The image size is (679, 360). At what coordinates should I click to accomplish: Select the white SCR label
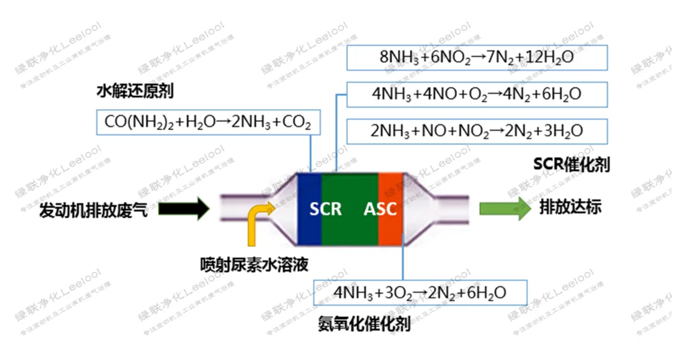(325, 209)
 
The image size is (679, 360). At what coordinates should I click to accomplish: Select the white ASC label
(380, 209)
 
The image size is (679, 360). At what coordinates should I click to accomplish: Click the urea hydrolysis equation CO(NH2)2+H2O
(208, 122)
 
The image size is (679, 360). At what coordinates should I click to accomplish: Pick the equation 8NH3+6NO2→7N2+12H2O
(477, 58)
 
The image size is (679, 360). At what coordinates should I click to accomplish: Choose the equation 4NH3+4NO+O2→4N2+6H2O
(477, 94)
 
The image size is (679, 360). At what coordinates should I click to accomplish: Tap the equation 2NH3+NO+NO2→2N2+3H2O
(477, 131)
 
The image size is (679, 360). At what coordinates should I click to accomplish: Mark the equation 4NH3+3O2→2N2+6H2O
(420, 293)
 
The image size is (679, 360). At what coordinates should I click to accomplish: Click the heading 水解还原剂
(134, 92)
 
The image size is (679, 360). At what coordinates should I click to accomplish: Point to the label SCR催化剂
(571, 164)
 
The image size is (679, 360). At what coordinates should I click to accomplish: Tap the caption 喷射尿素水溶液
(254, 264)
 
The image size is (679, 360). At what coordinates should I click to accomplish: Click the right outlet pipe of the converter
(451, 209)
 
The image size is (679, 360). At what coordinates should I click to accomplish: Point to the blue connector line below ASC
(403, 261)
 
